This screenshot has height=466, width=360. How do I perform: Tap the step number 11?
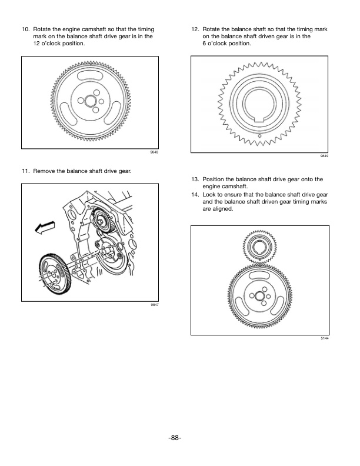tap(25, 171)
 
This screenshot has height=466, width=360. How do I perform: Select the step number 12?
tap(195, 29)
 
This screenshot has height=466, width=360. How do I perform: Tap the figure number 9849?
tap(324, 157)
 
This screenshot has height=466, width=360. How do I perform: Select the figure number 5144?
tap(324, 339)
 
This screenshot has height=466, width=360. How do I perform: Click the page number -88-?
tap(180, 437)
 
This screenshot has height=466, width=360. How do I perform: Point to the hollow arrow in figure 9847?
tap(46, 228)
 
